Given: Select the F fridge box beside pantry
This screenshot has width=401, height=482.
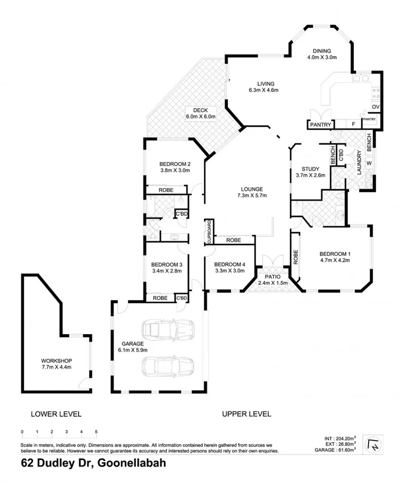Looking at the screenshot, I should pos(353,124).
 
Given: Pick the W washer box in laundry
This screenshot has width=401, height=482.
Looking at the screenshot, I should pos(369,164).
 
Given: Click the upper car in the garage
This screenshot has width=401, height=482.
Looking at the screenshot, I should pos(168,329).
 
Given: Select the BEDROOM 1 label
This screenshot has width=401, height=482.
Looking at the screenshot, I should pos(335,257).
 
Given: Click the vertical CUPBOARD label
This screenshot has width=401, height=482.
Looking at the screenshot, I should pos(209,233).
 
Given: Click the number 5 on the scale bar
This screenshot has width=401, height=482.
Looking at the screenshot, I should pos(96,432).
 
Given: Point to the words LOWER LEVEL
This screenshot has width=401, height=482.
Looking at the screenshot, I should pos(56,414).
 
